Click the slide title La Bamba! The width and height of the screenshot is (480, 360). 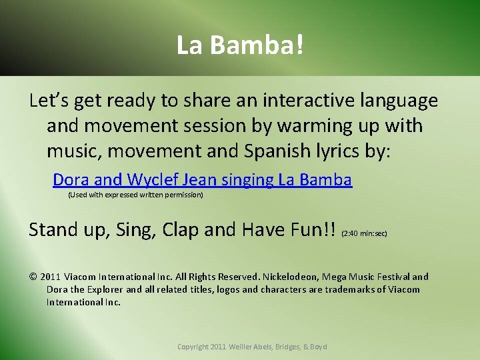coord(240,45)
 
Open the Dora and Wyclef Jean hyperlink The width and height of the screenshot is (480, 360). coord(202,179)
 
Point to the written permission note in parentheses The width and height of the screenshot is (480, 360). coord(135,195)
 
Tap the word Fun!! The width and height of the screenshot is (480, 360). coord(312,229)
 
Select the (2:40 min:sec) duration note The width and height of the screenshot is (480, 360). coord(364,234)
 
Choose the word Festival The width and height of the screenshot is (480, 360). coord(393,277)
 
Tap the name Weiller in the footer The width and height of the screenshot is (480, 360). coord(244,347)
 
